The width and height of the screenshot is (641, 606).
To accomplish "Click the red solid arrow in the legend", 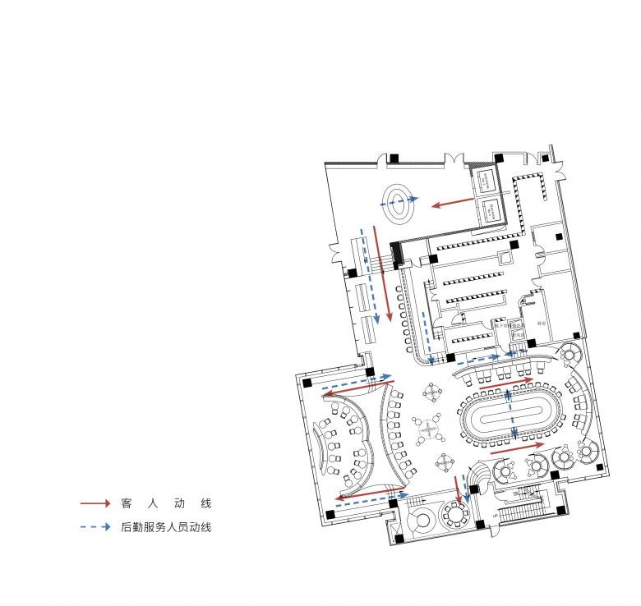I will pyautogui.click(x=95, y=503).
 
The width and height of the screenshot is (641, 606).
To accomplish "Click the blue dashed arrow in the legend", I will pyautogui.click(x=95, y=527).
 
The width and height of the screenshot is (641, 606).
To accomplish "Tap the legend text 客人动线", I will pyautogui.click(x=165, y=503).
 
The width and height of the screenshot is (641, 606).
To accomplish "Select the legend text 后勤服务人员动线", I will pyautogui.click(x=165, y=527).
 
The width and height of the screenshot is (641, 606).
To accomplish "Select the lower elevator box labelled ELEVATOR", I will pyautogui.click(x=494, y=209).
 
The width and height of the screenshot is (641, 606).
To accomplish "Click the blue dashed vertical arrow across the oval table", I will pyautogui.click(x=511, y=415).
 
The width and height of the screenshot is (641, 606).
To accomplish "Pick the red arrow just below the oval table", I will pyautogui.click(x=517, y=448).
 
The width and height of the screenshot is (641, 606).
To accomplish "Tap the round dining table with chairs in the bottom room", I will pyautogui.click(x=453, y=516).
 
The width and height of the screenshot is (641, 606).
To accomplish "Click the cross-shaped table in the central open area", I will pyautogui.click(x=428, y=426).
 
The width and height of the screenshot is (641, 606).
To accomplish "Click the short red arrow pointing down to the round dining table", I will pyautogui.click(x=457, y=489).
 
